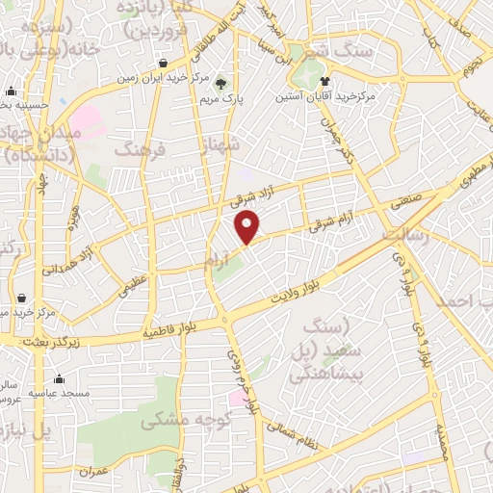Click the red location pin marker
248,227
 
